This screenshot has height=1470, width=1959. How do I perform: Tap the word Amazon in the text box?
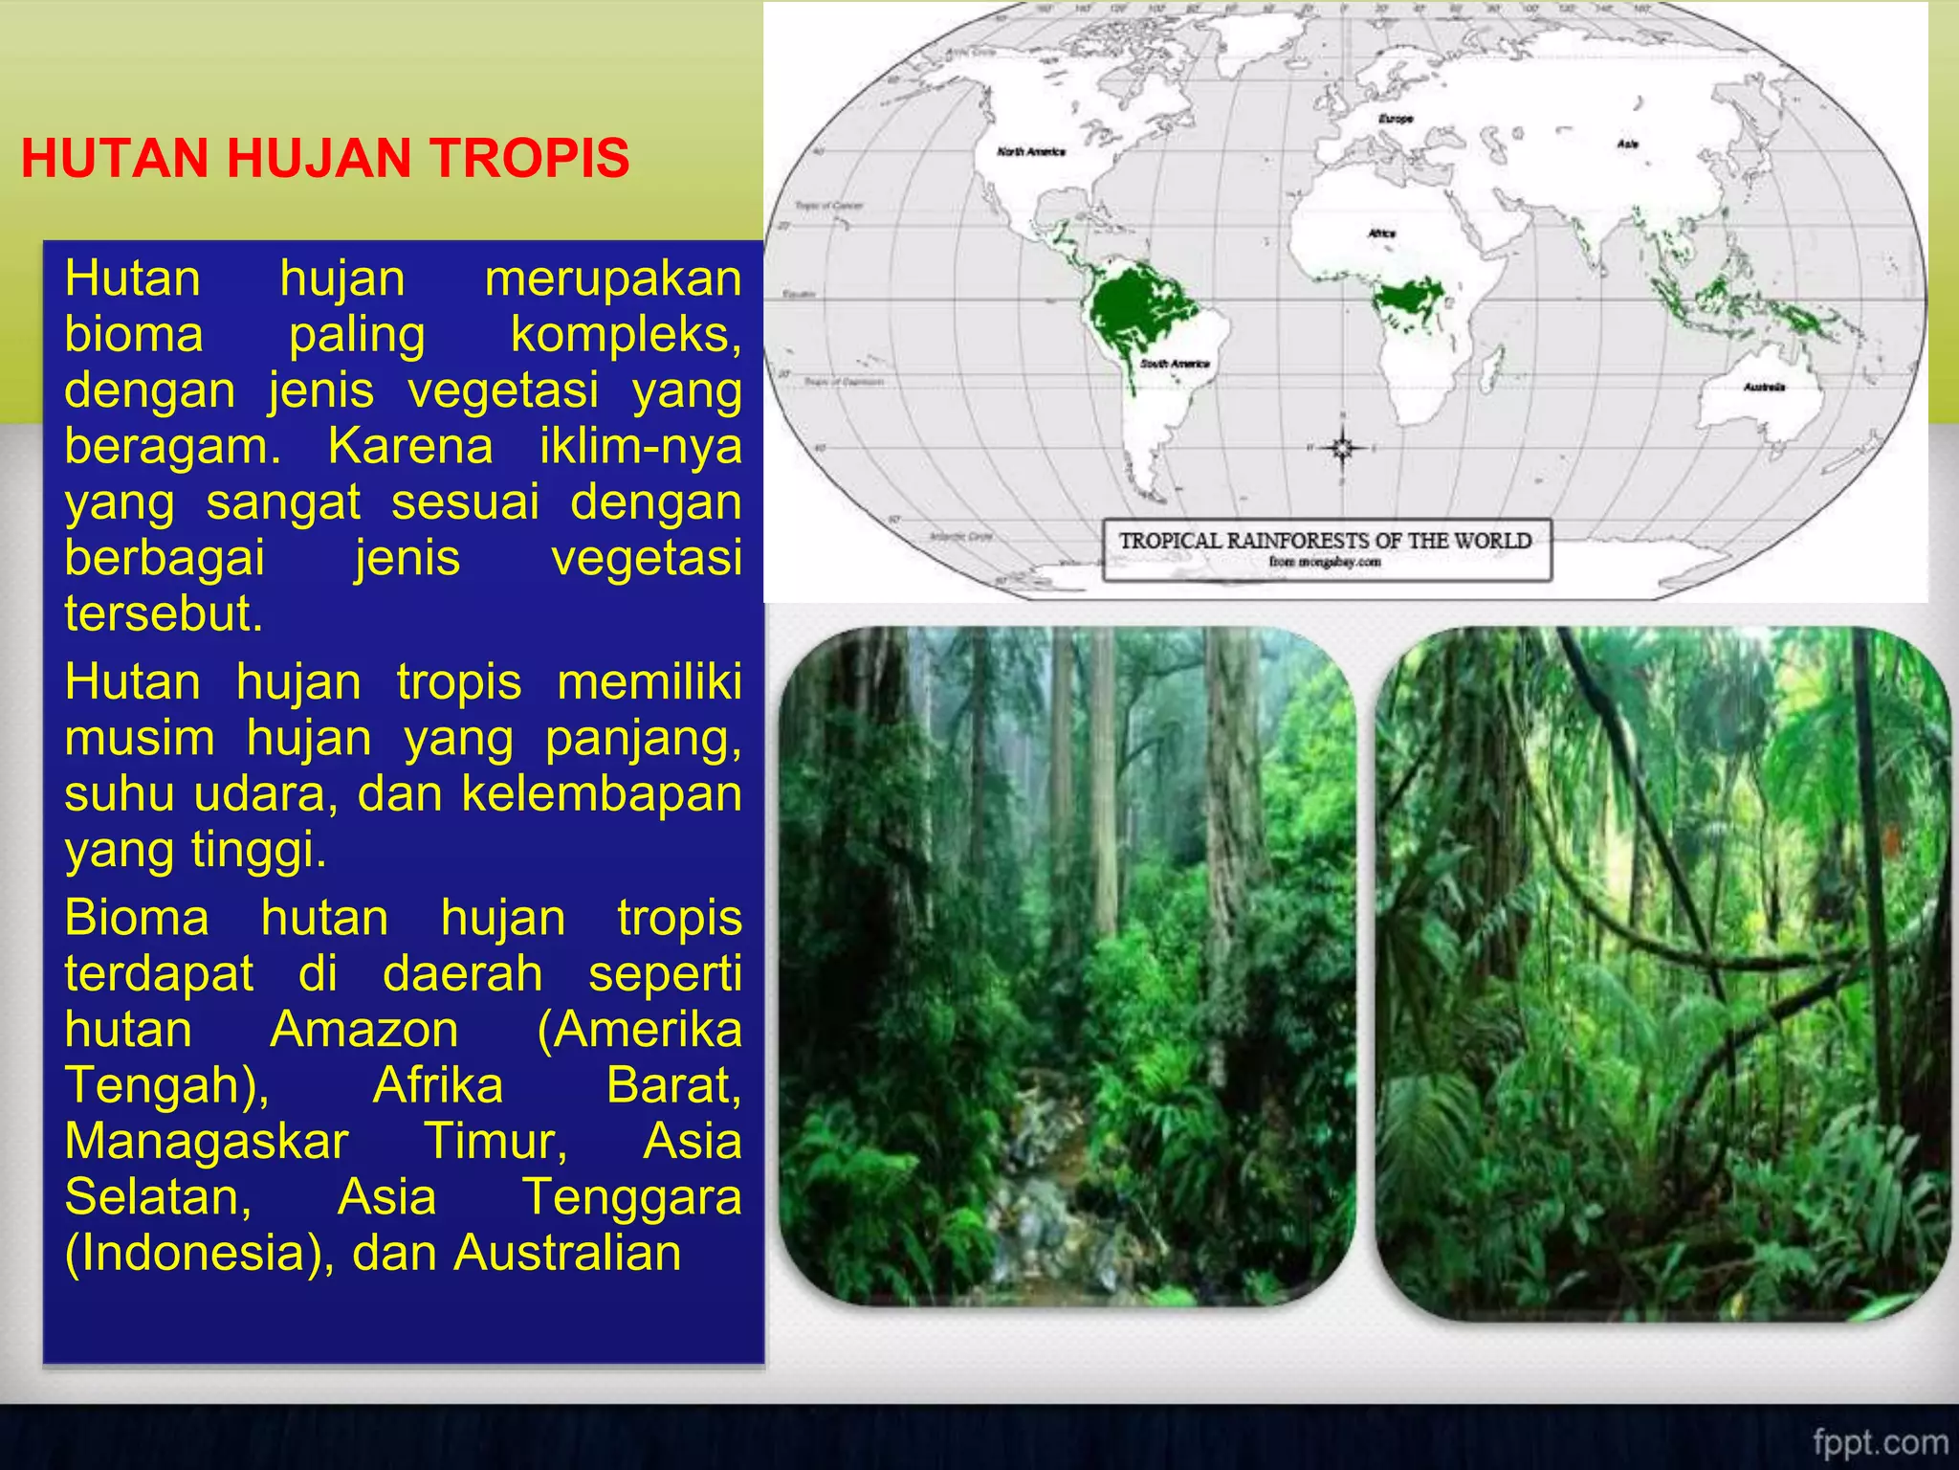(364, 1031)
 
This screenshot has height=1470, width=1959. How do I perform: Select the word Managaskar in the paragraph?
(207, 1142)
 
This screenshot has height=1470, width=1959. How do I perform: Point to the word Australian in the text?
(567, 1254)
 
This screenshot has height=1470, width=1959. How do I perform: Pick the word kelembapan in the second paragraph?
(602, 794)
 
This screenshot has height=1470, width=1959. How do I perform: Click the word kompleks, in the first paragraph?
(626, 335)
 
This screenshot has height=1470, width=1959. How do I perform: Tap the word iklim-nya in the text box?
(640, 447)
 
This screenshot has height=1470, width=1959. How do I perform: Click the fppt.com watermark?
(1880, 1441)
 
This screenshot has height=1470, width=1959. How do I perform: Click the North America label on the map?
(1030, 151)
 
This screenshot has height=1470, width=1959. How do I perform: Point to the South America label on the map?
(1175, 364)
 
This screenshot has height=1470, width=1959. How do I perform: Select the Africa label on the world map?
(1381, 233)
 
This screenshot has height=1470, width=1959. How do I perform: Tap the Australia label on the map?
(1764, 387)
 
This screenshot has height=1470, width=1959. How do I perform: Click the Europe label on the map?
(1396, 119)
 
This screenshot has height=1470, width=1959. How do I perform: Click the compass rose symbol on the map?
(1342, 447)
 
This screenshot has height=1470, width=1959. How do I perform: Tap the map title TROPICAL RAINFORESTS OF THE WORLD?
(1325, 541)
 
